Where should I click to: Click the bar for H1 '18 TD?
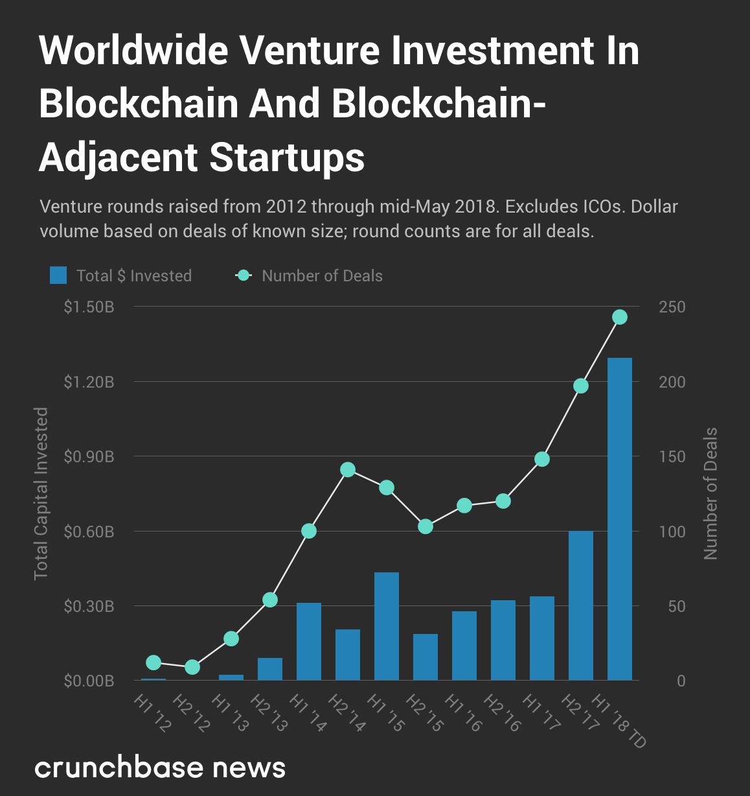(x=620, y=519)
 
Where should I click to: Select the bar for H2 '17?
(x=581, y=605)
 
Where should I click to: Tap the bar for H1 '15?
(x=387, y=626)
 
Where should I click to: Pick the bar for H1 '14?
(x=309, y=641)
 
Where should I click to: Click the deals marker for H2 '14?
(x=348, y=470)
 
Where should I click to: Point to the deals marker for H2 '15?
(x=426, y=526)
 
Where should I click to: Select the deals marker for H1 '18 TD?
(x=620, y=317)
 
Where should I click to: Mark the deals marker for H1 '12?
(x=153, y=662)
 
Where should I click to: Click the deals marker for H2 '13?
(x=270, y=600)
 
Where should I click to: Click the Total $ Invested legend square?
(x=58, y=275)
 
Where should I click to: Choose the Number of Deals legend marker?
(x=244, y=275)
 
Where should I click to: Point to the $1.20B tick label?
(x=89, y=382)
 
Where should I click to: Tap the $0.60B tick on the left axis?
(x=89, y=532)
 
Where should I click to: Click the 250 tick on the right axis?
(x=672, y=307)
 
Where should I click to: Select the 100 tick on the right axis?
(x=672, y=532)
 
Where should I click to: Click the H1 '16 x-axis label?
(x=464, y=713)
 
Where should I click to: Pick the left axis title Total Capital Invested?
(x=41, y=493)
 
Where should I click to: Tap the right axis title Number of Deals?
(x=711, y=493)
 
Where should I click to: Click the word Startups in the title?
(x=288, y=158)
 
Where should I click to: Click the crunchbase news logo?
(x=160, y=767)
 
